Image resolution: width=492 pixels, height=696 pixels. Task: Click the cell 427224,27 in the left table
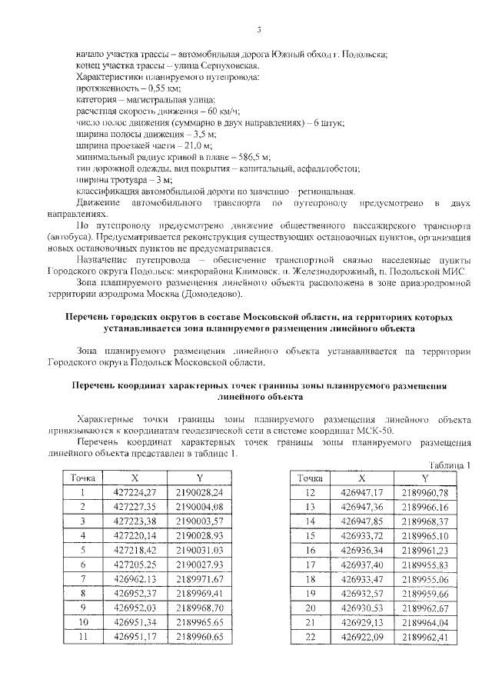coord(135,491)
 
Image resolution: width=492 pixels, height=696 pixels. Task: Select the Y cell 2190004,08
coord(198,506)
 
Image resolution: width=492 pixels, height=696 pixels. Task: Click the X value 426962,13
coord(135,578)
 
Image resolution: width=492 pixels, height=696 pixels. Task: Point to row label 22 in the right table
coord(311,638)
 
